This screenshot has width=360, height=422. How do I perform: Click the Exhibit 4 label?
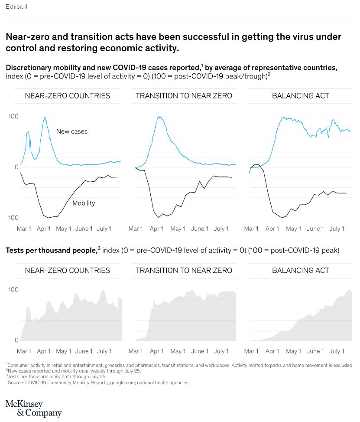[x=16, y=7]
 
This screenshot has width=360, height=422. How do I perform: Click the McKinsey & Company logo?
[x=33, y=409]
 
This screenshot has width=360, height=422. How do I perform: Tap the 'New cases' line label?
[x=71, y=131]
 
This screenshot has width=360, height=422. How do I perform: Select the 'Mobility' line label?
[x=84, y=203]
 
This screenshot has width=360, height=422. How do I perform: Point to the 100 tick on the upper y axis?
[x=13, y=117]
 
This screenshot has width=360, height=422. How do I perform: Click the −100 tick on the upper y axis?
[x=12, y=217]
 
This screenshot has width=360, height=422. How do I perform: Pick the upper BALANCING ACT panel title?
[x=301, y=96]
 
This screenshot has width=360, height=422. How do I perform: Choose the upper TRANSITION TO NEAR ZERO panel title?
[x=184, y=96]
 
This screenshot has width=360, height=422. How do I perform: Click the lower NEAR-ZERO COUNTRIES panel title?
[x=68, y=271]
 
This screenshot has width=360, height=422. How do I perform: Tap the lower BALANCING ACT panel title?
[x=301, y=271]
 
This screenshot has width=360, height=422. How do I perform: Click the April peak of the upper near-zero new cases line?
[x=45, y=117]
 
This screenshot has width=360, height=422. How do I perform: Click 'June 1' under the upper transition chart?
[x=200, y=229]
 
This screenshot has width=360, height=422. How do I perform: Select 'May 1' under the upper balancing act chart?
[x=293, y=229]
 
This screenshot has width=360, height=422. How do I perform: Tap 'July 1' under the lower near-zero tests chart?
[x=104, y=351]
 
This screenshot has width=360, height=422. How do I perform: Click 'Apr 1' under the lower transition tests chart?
[x=156, y=351]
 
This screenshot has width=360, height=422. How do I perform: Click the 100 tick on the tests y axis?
[x=13, y=290]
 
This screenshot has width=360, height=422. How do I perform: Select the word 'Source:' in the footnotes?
[x=16, y=383]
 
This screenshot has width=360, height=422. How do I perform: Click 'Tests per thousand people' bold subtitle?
[x=51, y=250]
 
